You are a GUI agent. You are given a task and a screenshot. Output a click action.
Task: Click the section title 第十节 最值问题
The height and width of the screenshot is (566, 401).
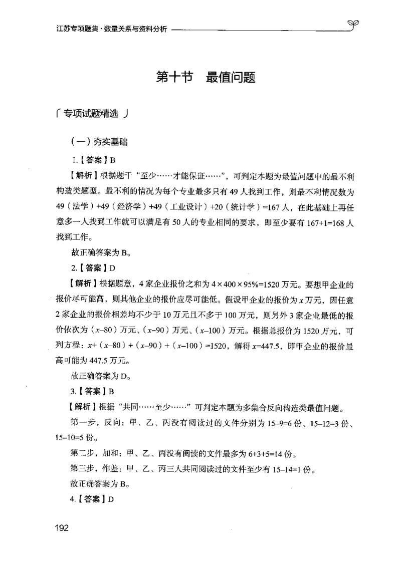206,78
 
